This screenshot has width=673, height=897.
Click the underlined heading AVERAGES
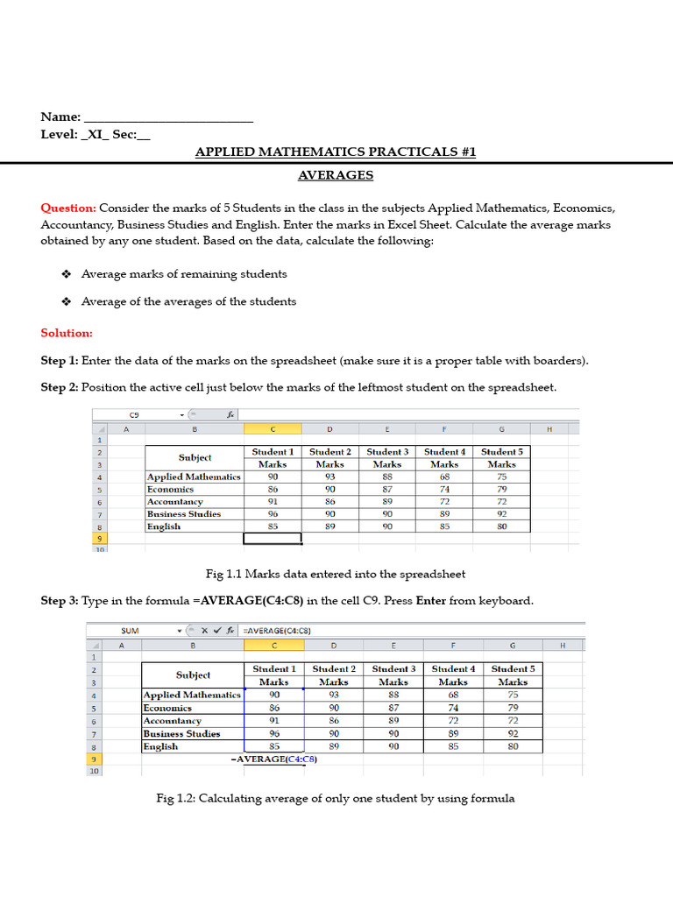[336, 175]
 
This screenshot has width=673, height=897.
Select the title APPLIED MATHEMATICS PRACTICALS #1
[336, 152]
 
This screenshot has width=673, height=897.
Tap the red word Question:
[68, 208]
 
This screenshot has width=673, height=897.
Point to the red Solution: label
[67, 333]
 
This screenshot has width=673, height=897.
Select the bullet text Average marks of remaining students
[184, 274]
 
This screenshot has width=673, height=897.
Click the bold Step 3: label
[60, 601]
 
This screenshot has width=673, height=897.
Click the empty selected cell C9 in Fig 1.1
[273, 539]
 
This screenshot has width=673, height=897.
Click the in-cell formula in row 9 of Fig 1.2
[273, 759]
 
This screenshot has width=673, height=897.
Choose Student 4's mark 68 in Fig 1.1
[444, 477]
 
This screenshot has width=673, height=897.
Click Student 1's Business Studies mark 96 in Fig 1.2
[273, 734]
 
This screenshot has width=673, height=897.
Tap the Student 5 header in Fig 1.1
[501, 452]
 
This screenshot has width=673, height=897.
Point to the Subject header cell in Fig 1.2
[193, 675]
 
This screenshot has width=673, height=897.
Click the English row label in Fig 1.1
[164, 526]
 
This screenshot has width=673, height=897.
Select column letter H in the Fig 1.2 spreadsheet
[562, 646]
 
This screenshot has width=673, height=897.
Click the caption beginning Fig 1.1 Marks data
[336, 575]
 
